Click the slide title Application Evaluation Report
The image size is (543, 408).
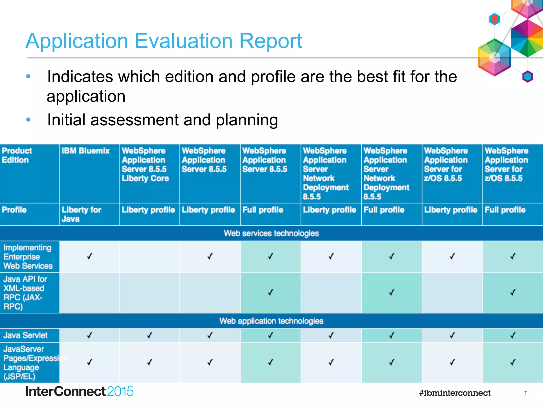tap(164, 41)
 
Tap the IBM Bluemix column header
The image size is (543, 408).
tap(85, 151)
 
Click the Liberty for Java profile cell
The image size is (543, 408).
tap(81, 214)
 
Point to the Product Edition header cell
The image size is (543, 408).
tap(17, 155)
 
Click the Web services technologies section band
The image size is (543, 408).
tap(271, 233)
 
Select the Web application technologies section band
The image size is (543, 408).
tap(271, 321)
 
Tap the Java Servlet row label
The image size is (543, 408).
tap(25, 335)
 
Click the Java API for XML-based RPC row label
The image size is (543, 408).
tap(25, 292)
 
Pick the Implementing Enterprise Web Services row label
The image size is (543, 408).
tap(28, 257)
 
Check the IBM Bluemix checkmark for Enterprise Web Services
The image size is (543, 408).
tap(89, 257)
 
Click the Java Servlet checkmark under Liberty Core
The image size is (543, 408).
tap(150, 335)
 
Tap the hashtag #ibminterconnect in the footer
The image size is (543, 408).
tap(455, 393)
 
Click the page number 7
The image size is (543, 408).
tap(525, 393)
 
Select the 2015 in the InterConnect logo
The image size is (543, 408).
tap(120, 392)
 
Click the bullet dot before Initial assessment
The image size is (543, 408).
tap(28, 120)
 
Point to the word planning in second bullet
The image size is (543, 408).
tap(247, 120)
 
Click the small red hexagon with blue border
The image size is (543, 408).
tap(494, 19)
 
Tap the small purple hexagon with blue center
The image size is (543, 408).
tap(528, 76)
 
